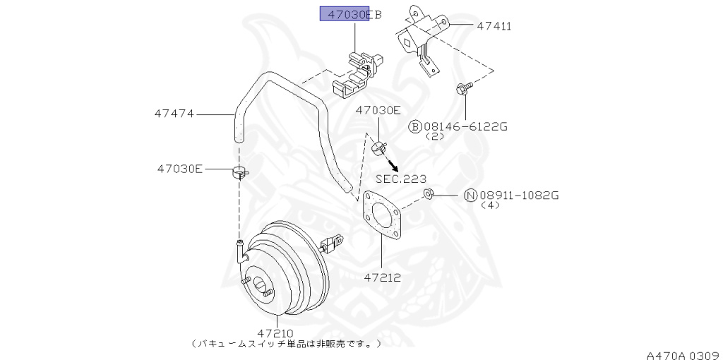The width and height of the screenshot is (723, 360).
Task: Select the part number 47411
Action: (494, 26)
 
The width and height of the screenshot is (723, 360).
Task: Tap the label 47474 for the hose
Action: (174, 113)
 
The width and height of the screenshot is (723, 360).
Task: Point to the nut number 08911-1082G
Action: (519, 195)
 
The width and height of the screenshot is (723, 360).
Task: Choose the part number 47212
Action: (382, 277)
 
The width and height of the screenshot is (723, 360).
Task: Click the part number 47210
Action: (275, 332)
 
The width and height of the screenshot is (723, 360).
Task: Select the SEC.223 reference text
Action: (400, 179)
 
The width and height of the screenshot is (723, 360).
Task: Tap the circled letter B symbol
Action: (415, 126)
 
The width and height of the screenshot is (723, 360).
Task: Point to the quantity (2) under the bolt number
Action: (436, 136)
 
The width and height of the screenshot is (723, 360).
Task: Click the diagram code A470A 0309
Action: (682, 352)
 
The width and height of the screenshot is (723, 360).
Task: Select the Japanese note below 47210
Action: (286, 344)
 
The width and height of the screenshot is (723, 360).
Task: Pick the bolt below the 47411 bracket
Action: (463, 88)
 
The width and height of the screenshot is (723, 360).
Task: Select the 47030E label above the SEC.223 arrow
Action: (378, 110)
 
